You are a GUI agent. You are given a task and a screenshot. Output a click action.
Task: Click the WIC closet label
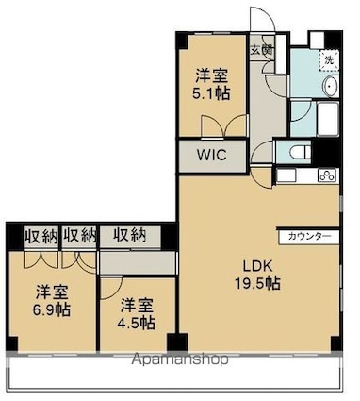point(212,155)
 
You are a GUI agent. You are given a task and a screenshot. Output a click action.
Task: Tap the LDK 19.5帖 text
point(257,275)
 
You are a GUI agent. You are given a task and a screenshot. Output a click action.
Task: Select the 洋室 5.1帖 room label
point(211,84)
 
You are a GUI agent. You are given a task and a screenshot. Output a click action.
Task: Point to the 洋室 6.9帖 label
point(52,300)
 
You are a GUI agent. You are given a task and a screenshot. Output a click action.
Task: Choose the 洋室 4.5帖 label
point(138,313)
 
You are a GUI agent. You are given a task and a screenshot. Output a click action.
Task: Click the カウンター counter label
point(309,236)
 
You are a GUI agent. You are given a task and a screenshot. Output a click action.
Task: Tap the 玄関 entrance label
point(261,50)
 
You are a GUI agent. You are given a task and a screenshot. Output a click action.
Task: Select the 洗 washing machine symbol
point(329,59)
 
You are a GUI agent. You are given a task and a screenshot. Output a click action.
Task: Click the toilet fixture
point(300,153)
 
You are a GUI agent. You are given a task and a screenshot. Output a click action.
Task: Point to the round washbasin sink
point(331,86)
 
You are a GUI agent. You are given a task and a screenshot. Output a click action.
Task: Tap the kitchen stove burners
point(328,175)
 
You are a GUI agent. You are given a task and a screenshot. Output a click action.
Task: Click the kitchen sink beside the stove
point(286,175)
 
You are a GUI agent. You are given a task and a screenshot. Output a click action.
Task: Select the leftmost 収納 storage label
point(41,236)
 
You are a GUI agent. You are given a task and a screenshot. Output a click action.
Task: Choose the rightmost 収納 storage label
point(130,235)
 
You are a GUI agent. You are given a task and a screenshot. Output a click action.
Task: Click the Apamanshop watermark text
point(180,359)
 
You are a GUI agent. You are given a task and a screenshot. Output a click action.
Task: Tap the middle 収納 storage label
point(79,236)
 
